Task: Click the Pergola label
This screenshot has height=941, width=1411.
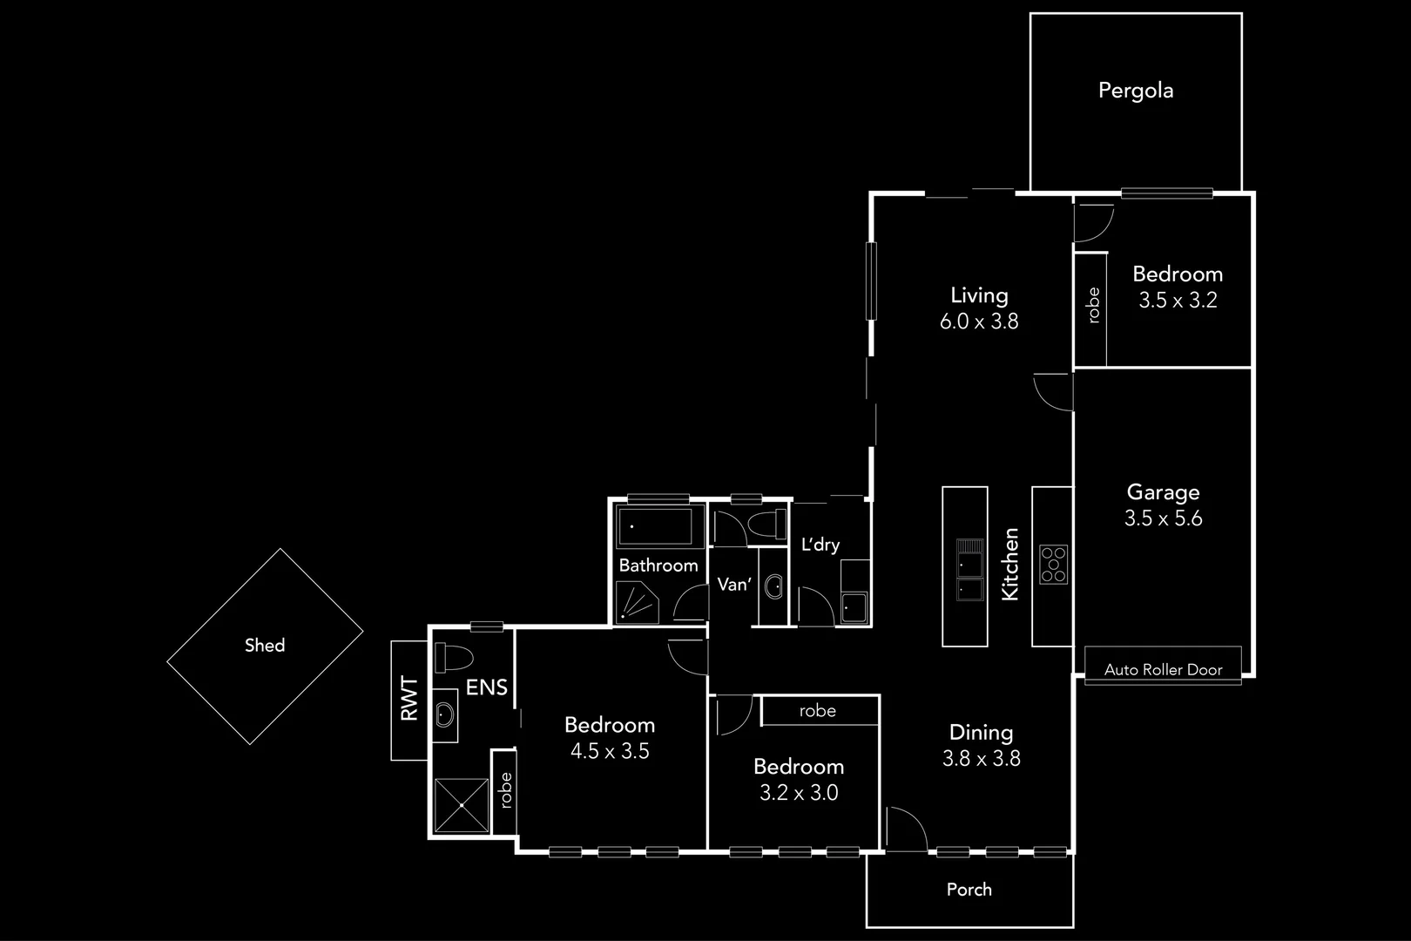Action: pos(1135,91)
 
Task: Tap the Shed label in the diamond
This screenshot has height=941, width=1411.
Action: pos(265,646)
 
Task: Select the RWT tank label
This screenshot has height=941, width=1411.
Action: pos(409,699)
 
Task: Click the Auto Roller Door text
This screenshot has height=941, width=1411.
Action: pos(1163,670)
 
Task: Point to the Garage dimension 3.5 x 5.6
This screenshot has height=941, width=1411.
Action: pos(1163,518)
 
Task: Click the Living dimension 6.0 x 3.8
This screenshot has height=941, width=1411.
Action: pos(979,322)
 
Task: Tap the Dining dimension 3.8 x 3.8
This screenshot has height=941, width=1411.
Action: pos(981,759)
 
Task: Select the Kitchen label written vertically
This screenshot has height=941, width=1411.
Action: pos(1010,564)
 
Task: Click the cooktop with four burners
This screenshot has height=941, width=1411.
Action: pos(1053,564)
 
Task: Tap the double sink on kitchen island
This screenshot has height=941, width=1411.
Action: pos(969,571)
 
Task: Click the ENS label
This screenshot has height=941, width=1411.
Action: pos(486,687)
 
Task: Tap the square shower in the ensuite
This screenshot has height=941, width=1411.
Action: pos(462,805)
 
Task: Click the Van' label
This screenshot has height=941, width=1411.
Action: pos(733,585)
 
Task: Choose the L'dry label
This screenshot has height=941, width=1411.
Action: pos(820,545)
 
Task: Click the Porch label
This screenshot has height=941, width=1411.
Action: pos(969,890)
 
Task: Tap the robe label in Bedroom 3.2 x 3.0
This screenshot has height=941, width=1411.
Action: pos(817,711)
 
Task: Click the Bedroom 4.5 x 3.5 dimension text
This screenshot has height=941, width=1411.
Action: pos(610,751)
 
